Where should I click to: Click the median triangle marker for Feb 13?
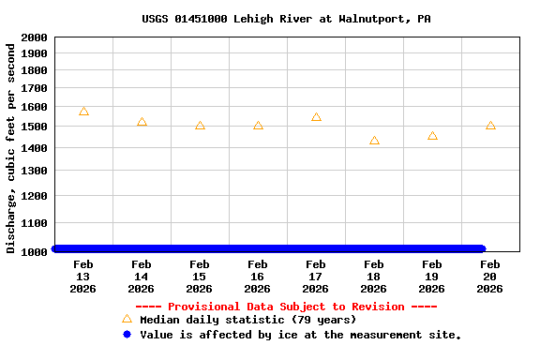pos(83,112)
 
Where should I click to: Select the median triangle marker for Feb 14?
pos(142,122)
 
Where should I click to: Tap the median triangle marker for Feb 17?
pos(316,117)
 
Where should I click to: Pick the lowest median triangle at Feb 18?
pos(374,141)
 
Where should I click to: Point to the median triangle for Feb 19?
pos(432,136)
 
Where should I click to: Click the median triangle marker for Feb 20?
pos(490,125)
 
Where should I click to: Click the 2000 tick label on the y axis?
pos(34,37)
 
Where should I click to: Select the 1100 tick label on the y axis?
pos(34,223)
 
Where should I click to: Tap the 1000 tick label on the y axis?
pos(34,251)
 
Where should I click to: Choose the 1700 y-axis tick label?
pos(34,88)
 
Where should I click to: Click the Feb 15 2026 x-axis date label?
pos(200,277)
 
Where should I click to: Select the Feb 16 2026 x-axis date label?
pos(258,277)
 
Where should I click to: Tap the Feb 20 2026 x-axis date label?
pos(490,277)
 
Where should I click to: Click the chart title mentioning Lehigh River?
pos(287,19)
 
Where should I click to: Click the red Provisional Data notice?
pos(287,307)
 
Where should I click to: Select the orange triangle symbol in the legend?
pos(127,319)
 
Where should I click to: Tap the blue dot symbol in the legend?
pos(127,334)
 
